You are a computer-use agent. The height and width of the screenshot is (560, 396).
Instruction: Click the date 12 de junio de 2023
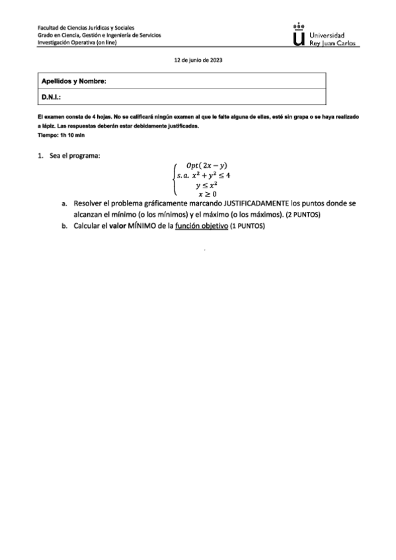(x=198, y=59)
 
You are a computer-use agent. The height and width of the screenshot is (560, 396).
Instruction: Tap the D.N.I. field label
(x=52, y=97)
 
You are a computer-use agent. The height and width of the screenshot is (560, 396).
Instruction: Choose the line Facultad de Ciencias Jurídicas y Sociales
(x=86, y=28)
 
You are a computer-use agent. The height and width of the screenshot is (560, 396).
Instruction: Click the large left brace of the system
(x=173, y=180)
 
